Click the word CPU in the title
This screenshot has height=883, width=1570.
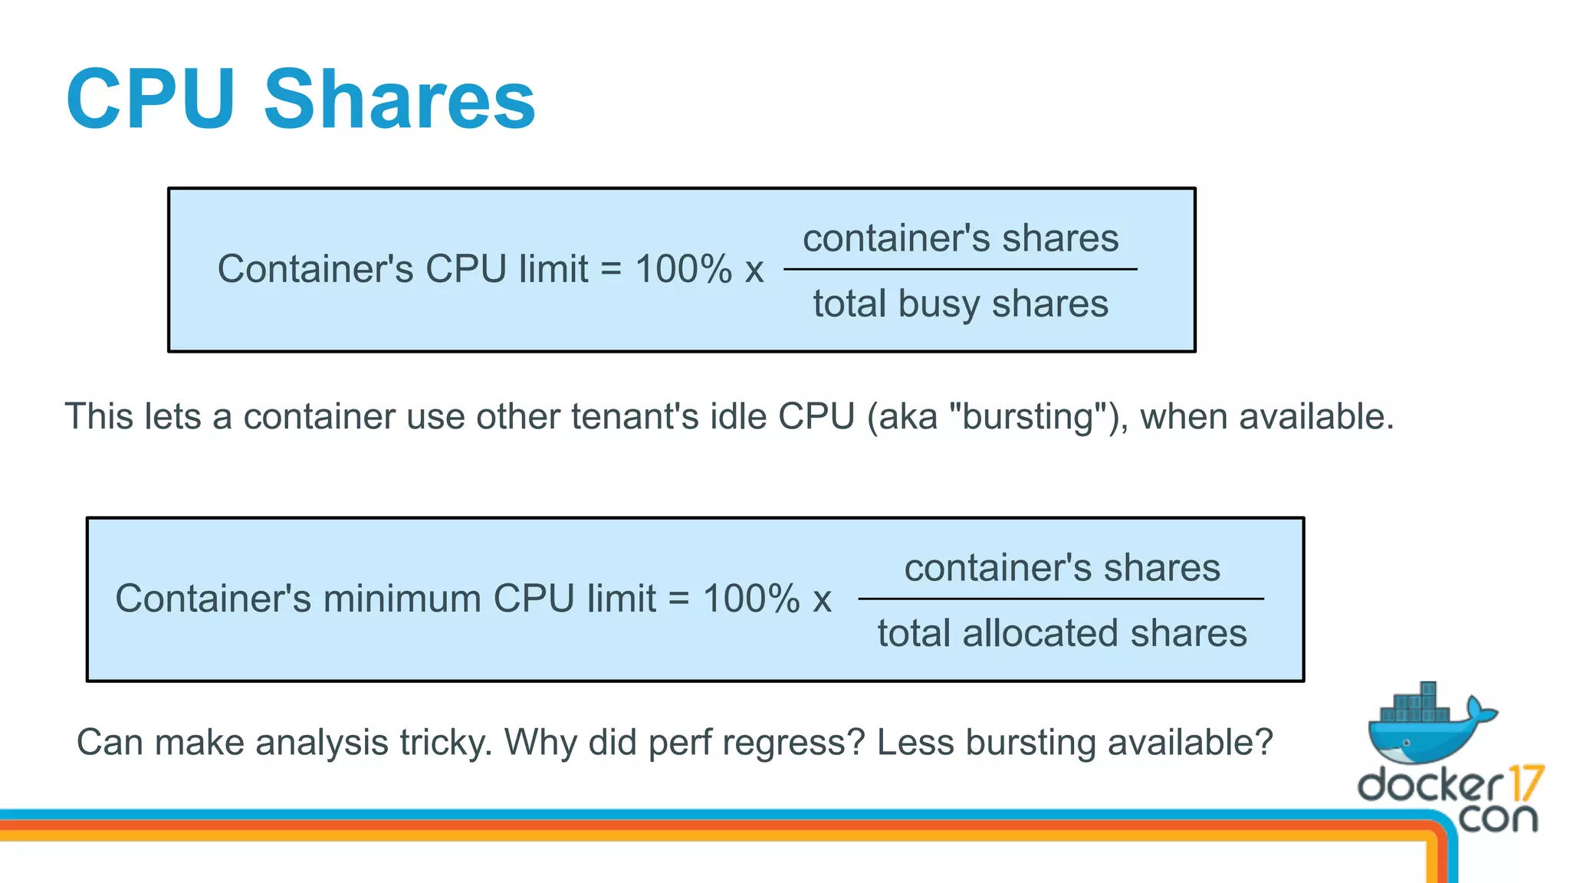(150, 100)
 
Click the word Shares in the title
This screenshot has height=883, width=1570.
(399, 100)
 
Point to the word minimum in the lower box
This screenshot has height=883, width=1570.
(402, 599)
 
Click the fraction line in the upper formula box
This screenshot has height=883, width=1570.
(960, 269)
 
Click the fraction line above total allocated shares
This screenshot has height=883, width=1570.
(1061, 599)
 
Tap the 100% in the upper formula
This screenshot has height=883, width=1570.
(684, 269)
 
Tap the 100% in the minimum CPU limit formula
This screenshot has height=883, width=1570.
(751, 599)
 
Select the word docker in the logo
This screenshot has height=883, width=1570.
(1430, 785)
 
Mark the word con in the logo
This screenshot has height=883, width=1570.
(1498, 819)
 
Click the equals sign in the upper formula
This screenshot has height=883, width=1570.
(611, 269)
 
